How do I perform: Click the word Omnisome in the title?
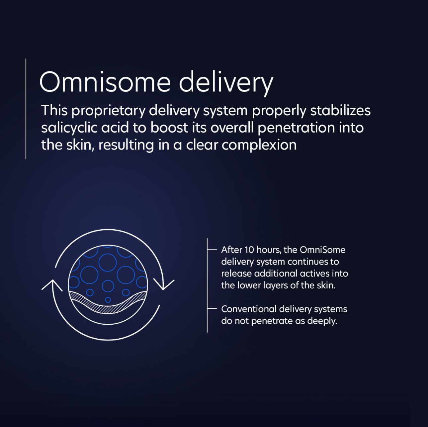click(x=105, y=82)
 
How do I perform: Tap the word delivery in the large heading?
click(x=226, y=84)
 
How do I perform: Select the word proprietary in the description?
click(x=108, y=111)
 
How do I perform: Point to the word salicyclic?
click(x=69, y=128)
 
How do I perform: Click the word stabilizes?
click(x=340, y=110)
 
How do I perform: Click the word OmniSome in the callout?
click(x=322, y=250)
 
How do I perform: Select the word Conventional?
click(x=249, y=309)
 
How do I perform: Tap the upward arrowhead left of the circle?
click(x=52, y=284)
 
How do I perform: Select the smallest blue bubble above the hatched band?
click(x=108, y=300)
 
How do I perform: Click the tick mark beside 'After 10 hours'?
click(x=212, y=250)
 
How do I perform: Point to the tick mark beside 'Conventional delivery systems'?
click(x=212, y=308)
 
